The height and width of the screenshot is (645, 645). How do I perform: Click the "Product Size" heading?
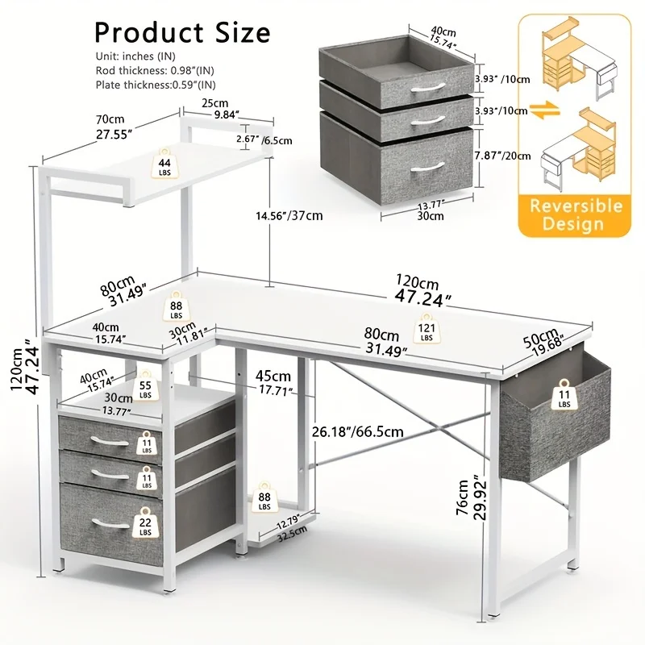(x=182, y=32)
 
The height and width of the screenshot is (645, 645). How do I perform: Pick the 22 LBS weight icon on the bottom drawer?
(x=145, y=522)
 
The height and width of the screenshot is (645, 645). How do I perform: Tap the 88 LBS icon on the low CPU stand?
(x=264, y=498)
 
